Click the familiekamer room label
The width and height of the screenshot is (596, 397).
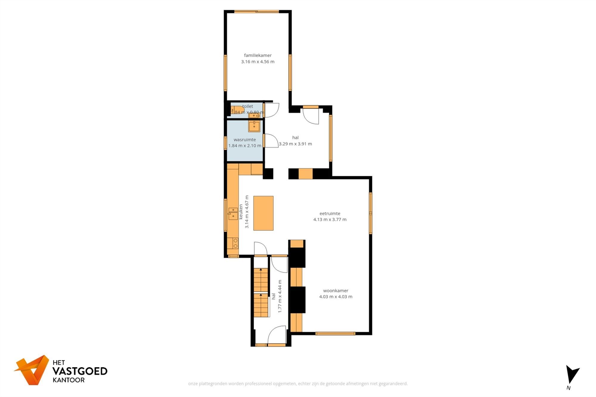tap(257, 55)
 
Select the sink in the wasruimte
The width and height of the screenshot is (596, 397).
tap(254, 126)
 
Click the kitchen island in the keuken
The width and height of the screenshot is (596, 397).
tap(263, 213)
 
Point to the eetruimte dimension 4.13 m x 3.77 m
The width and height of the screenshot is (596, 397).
tap(330, 220)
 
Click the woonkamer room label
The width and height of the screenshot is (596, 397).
tap(336, 291)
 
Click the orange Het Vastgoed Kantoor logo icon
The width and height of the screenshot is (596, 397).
tap(32, 370)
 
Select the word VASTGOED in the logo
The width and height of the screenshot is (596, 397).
tap(80, 371)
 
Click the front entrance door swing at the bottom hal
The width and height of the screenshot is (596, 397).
tap(277, 335)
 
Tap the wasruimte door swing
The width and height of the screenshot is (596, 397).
tap(271, 141)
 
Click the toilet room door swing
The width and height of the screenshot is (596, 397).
tap(271, 110)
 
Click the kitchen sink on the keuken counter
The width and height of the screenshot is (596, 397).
tap(233, 214)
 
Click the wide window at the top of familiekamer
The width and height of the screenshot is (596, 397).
tap(256, 12)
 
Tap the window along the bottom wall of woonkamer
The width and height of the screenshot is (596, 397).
tap(335, 334)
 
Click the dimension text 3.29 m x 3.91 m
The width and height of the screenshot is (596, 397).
tap(295, 144)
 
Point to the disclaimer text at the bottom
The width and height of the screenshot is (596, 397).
tap(298, 384)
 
